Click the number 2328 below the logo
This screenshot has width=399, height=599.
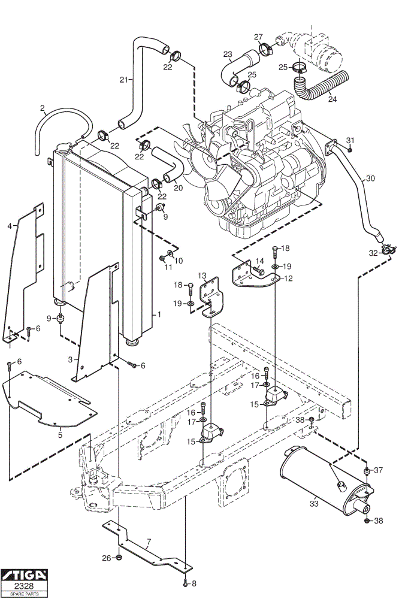click(x=24, y=586)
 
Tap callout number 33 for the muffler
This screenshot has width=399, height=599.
click(x=314, y=504)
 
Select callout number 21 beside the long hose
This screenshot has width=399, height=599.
click(x=123, y=80)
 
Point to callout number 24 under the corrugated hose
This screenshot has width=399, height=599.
click(x=332, y=99)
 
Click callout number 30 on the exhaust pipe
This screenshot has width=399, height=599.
click(x=370, y=179)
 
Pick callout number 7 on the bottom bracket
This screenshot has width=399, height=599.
click(x=149, y=541)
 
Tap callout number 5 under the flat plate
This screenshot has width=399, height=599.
click(x=60, y=435)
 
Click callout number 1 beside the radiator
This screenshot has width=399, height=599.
click(x=159, y=314)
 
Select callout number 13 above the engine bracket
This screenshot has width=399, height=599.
click(x=202, y=276)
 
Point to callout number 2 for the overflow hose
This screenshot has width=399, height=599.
click(x=42, y=108)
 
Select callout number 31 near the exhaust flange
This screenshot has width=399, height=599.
click(x=350, y=140)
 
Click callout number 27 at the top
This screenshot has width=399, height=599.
click(x=258, y=37)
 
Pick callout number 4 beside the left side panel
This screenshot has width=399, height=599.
click(x=10, y=226)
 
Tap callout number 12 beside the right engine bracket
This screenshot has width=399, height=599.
click(x=289, y=279)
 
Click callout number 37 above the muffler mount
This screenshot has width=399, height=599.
click(x=378, y=470)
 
